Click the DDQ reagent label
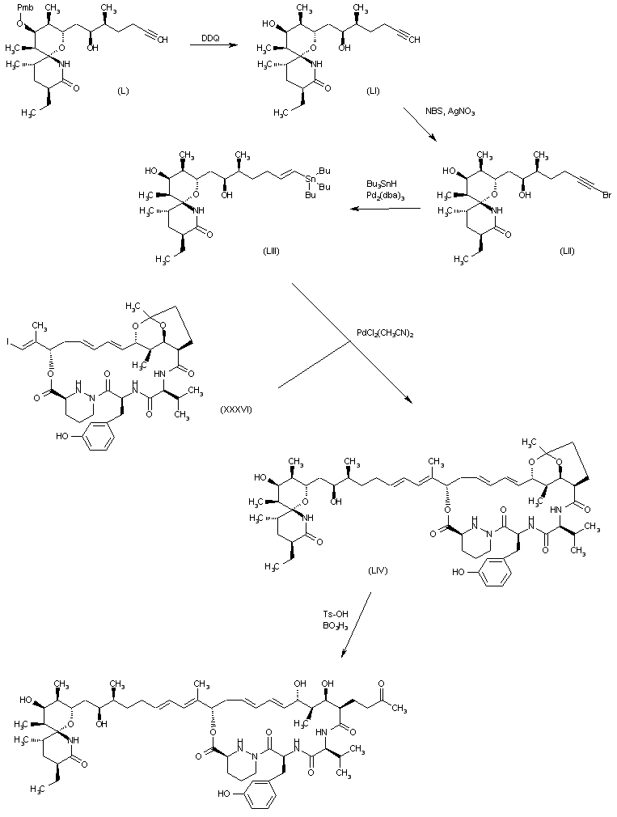210,37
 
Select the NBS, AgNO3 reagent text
450,111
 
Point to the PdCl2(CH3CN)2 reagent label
389,332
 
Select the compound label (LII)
567,251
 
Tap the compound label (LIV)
378,571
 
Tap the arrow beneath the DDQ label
212,48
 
